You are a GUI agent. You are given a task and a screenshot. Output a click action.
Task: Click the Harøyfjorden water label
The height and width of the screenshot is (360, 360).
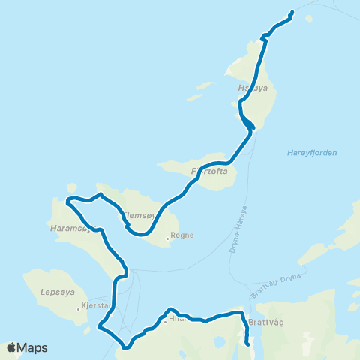[312, 153]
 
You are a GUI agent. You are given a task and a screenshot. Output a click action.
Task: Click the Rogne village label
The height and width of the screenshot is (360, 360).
[182, 235]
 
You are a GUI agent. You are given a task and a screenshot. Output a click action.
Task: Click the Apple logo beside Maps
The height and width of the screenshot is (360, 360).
[11, 347]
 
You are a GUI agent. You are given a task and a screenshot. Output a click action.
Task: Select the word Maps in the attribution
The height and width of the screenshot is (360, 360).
[33, 347]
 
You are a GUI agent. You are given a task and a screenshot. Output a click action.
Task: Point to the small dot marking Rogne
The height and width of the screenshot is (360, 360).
[168, 240]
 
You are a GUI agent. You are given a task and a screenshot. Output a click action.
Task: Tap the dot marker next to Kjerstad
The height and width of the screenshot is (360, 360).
[78, 307]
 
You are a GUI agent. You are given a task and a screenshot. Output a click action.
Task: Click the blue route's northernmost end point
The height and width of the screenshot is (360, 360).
[291, 12]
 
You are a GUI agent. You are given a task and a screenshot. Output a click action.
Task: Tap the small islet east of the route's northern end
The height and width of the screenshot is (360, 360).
[309, 20]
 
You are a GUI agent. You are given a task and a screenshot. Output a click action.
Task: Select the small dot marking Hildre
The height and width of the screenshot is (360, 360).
[165, 322]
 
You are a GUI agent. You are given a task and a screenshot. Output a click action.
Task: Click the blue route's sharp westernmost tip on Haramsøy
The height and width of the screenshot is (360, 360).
[67, 200]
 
